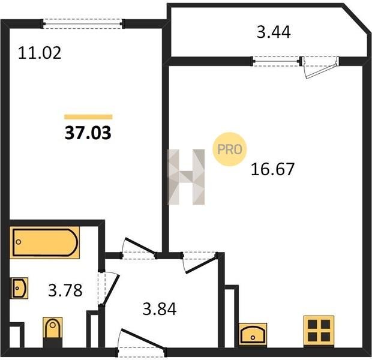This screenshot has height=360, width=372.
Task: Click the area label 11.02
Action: (40, 53)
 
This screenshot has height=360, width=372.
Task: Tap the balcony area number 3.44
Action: (274, 32)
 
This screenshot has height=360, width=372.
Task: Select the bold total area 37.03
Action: (88, 133)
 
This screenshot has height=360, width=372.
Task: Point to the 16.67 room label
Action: (272, 169)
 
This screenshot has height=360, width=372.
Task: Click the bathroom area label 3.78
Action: (65, 290)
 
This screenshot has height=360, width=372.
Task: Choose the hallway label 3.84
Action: (160, 309)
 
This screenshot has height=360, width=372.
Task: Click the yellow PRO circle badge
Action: (229, 149)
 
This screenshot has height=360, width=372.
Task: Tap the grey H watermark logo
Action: (186, 177)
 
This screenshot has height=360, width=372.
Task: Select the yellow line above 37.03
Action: (88, 117)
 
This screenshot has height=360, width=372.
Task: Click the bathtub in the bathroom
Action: (44, 242)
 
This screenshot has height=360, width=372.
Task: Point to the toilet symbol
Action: (53, 332)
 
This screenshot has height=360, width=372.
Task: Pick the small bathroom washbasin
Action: (19, 288)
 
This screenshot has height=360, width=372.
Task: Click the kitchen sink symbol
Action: (253, 334)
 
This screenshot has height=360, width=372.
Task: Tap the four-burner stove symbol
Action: (319, 331)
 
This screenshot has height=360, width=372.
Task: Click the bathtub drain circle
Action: (19, 242)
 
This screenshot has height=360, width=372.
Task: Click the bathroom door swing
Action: (109, 289)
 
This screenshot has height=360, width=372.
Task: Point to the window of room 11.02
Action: (83, 24)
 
